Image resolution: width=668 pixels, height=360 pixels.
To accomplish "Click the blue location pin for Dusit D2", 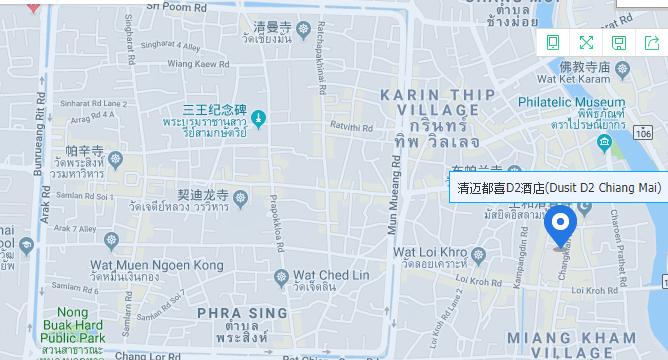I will [560, 224].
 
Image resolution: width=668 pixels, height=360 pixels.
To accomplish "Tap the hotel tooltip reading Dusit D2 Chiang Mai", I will [559, 188].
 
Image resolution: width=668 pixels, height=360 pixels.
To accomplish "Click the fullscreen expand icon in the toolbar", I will [586, 42].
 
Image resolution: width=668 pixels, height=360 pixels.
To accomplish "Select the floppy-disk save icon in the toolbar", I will [619, 42].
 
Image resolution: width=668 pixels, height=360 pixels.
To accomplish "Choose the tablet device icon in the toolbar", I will [553, 42].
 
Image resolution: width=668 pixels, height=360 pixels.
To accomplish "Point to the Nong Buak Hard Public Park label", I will [72, 324].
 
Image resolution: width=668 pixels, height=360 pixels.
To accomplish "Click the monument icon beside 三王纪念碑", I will [259, 120].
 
